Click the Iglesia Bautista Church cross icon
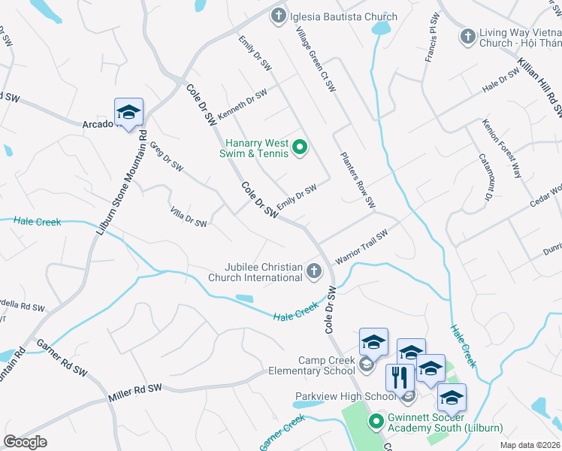click(279, 16)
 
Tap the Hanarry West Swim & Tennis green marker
click(300, 147)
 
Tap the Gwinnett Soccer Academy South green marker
click(376, 422)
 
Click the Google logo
click(25, 442)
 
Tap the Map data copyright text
click(529, 445)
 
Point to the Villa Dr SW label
click(188, 217)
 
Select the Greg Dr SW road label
click(167, 156)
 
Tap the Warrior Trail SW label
click(361, 246)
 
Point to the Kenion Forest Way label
click(502, 148)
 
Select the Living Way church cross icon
click(467, 36)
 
